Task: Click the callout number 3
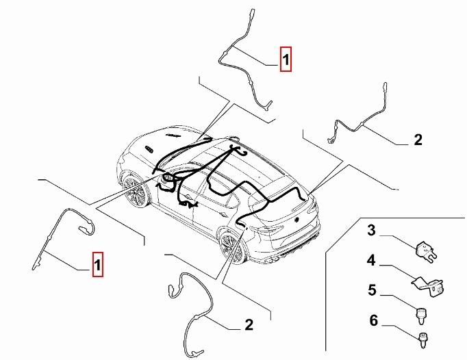(x=372, y=231)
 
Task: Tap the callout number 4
(x=372, y=261)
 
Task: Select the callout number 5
(x=372, y=290)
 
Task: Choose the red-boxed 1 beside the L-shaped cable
(x=99, y=264)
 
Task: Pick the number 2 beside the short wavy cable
(x=418, y=140)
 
